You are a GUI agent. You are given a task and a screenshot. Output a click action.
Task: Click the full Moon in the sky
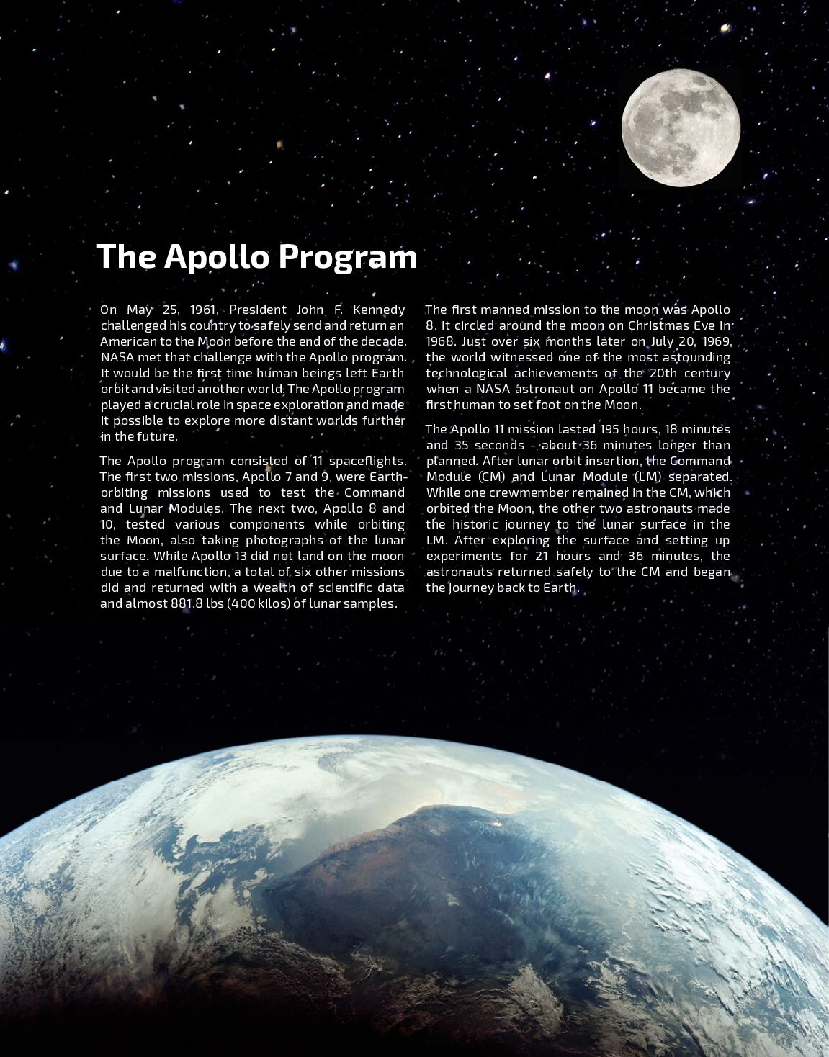click(681, 128)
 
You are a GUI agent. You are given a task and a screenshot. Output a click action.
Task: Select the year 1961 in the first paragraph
click(204, 310)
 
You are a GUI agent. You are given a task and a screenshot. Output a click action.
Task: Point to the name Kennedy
click(379, 310)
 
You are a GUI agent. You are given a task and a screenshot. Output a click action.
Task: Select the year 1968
click(439, 341)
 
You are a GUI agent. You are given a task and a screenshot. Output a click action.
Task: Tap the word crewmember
click(529, 492)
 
